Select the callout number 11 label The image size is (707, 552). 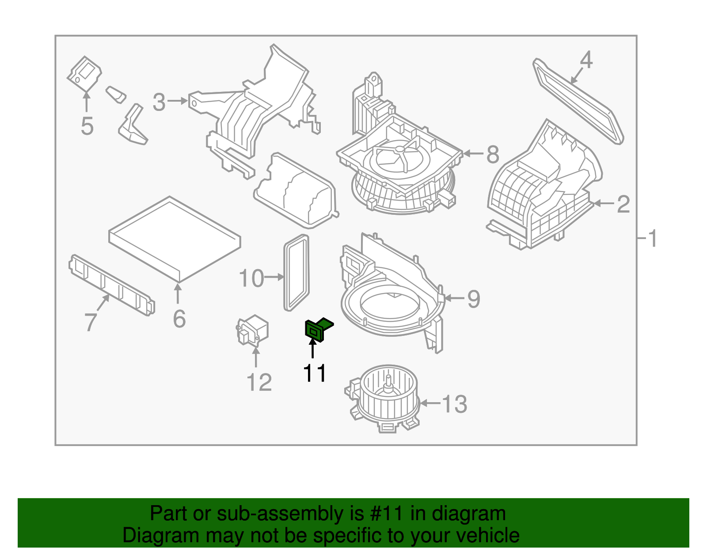315,373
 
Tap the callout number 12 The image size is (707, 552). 259,383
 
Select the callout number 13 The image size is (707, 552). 455,404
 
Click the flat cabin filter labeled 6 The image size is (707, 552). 175,239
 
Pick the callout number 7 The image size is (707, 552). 91,321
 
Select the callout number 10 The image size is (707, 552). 251,278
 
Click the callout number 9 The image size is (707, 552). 474,299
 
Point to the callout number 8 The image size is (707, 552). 493,155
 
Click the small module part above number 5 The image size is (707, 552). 84,73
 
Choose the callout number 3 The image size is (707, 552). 159,102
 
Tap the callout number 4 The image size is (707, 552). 586,60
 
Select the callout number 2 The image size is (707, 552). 623,204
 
